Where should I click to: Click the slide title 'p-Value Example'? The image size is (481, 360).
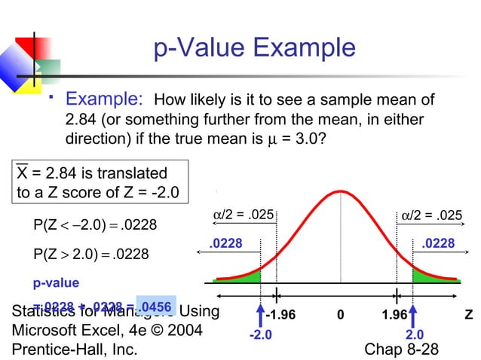click(254, 49)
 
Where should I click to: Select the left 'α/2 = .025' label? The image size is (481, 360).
click(240, 215)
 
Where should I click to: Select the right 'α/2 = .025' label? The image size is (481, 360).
click(431, 215)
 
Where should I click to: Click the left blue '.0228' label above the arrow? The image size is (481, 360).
click(225, 243)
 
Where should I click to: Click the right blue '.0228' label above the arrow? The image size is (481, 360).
click(438, 243)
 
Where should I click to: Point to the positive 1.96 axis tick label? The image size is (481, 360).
click(394, 315)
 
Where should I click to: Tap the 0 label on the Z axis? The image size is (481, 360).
click(340, 315)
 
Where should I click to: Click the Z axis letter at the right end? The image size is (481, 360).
click(468, 315)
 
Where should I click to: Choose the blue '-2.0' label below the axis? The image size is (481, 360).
click(261, 334)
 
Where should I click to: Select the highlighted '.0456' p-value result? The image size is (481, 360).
click(157, 305)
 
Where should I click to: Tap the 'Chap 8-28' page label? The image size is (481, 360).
click(401, 349)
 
